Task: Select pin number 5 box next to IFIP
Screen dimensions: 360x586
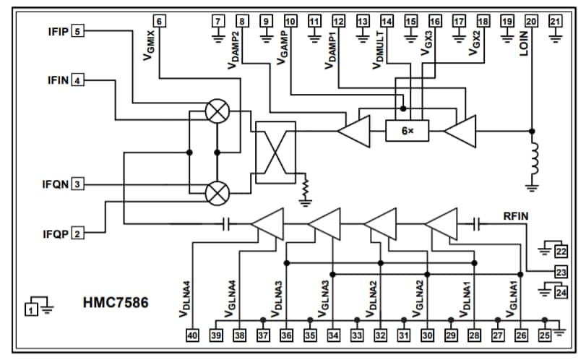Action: [77, 30]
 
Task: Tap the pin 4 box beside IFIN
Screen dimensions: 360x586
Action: [77, 80]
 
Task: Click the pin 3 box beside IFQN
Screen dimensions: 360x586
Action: [77, 184]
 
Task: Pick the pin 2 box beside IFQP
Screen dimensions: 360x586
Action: [77, 233]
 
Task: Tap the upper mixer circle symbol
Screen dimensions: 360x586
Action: [216, 111]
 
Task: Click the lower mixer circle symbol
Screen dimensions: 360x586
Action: [216, 192]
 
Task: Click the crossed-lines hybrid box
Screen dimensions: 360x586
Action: [275, 152]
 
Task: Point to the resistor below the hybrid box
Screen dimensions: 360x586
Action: [306, 189]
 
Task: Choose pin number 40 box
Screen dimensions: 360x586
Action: [193, 335]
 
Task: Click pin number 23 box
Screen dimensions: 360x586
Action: [561, 272]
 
